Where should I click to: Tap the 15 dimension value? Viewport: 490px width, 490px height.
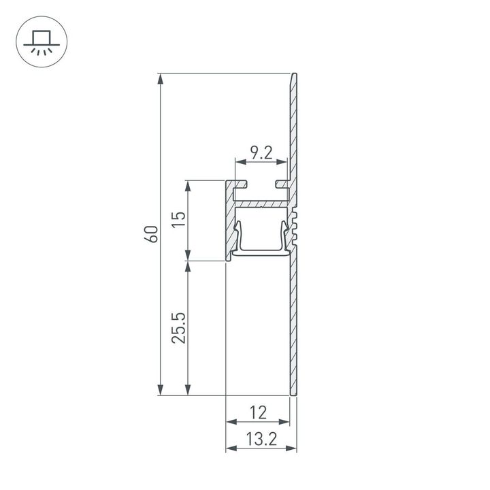pos(178,219)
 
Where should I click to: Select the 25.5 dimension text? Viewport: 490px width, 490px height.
pos(178,328)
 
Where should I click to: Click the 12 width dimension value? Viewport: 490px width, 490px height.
pos(257,412)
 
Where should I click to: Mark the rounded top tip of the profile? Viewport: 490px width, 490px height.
pos(295,76)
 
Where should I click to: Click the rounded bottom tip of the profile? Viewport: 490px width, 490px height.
pos(294,393)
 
